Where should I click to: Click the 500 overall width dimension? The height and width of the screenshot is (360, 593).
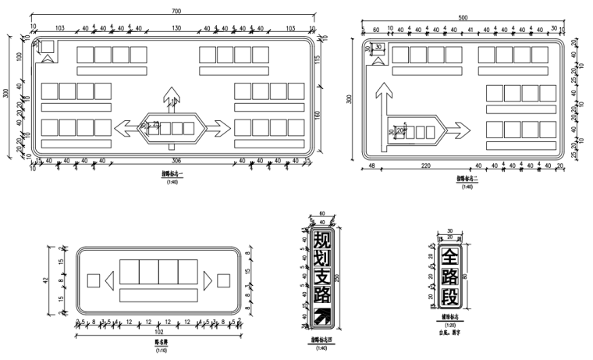click(463, 17)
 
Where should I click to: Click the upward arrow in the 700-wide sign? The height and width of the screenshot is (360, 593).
click(171, 94)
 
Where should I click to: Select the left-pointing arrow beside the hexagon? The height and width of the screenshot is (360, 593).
click(124, 127)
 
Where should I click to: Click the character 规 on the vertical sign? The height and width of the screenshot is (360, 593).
click(321, 237)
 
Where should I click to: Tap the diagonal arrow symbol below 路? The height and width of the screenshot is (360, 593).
click(321, 315)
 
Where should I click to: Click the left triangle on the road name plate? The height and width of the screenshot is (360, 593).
click(110, 279)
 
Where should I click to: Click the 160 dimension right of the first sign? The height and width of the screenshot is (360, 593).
click(318, 116)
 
